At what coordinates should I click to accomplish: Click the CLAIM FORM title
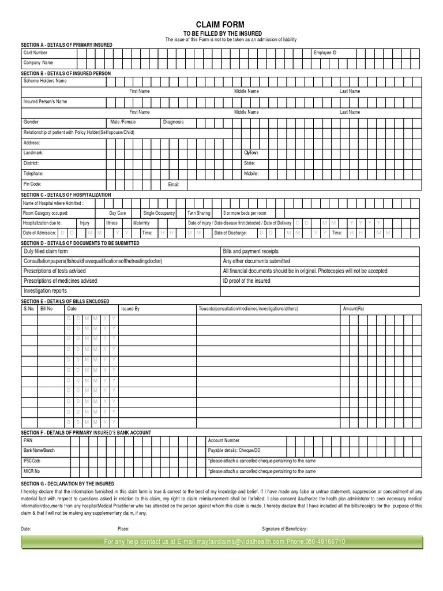[x=220, y=24]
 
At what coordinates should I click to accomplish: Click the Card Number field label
[x=35, y=53]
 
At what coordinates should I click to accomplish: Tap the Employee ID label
[x=325, y=53]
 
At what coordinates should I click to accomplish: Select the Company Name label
[x=38, y=62]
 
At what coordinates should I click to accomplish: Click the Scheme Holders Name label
[x=45, y=81]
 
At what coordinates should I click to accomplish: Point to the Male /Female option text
[x=123, y=122]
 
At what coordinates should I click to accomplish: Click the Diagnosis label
[x=173, y=122]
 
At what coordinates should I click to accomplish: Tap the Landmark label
[x=33, y=153]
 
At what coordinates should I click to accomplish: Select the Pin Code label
[x=32, y=184]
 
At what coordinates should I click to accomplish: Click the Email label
[x=174, y=185]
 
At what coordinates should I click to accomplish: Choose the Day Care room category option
[x=118, y=213]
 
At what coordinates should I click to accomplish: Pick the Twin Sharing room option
[x=199, y=213]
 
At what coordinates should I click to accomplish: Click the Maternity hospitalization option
[x=141, y=223]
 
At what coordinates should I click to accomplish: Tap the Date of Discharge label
[x=231, y=233]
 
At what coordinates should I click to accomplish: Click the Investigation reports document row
[x=45, y=291]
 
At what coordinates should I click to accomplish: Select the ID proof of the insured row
[x=246, y=281]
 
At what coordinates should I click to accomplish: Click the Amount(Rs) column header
[x=354, y=309]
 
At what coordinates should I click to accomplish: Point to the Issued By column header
[x=130, y=309]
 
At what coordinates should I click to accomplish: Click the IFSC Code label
[x=32, y=461]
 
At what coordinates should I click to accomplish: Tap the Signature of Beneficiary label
[x=284, y=529]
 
